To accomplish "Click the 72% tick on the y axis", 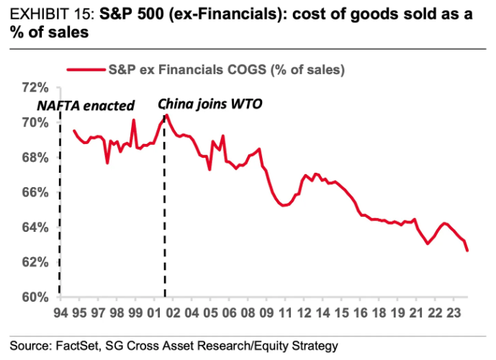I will pos(35,88).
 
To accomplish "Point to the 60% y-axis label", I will pos(35,297).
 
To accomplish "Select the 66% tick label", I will pos(35,192).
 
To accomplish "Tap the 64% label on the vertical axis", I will pos(35,228).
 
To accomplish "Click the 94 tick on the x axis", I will pos(60,314).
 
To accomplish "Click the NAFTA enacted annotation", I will pos(86,105).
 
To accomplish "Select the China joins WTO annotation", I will pos(210,104).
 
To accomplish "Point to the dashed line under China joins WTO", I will pos(166,216).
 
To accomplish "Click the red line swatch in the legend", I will pos(86,70).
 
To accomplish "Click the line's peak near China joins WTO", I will pos(166,114).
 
